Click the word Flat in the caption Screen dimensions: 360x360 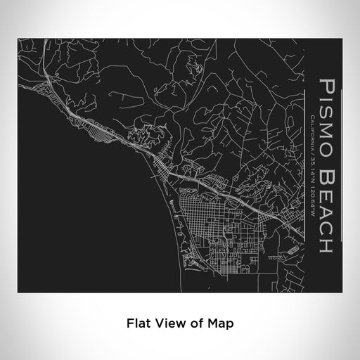point(137,324)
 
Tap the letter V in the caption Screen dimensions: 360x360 point(157,324)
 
